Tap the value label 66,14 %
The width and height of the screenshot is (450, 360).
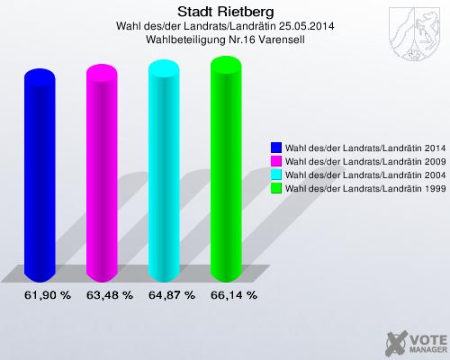234,295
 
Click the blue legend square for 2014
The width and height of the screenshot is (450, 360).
276,147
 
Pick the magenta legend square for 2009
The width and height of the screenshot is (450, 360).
276,160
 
